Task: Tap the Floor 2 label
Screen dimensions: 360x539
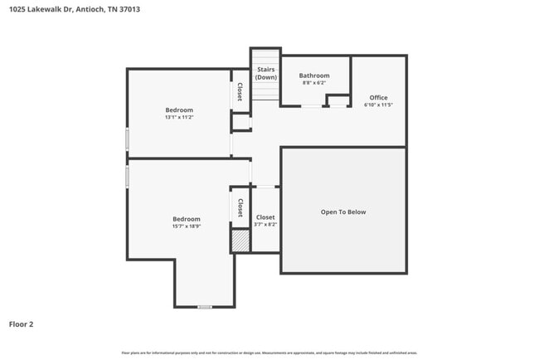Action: point(22,324)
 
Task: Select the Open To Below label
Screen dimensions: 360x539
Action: point(343,212)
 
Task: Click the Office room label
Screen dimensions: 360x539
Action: point(378,98)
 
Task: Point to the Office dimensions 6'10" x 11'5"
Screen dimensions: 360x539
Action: point(378,105)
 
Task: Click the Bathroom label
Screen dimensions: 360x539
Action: point(314,75)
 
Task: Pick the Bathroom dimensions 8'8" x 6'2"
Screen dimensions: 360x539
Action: point(314,83)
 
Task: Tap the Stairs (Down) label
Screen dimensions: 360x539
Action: point(265,74)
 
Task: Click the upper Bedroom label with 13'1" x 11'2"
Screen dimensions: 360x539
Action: point(179,110)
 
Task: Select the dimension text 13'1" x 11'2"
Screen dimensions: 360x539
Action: point(179,118)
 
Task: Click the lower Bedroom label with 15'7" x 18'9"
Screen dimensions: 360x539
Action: point(187,219)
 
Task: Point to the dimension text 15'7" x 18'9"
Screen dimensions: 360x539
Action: point(187,226)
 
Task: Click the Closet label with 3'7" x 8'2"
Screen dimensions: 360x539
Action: point(265,217)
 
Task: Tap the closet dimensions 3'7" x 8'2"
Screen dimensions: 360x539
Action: point(265,225)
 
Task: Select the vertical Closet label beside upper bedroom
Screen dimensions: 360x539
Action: point(240,92)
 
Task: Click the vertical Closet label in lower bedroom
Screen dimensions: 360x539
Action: point(240,207)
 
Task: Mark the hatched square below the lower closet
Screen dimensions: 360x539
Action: point(240,241)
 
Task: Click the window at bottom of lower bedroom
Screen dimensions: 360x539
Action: point(204,307)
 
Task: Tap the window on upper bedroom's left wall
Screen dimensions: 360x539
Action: point(127,139)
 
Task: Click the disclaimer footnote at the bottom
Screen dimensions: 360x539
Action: point(269,353)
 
